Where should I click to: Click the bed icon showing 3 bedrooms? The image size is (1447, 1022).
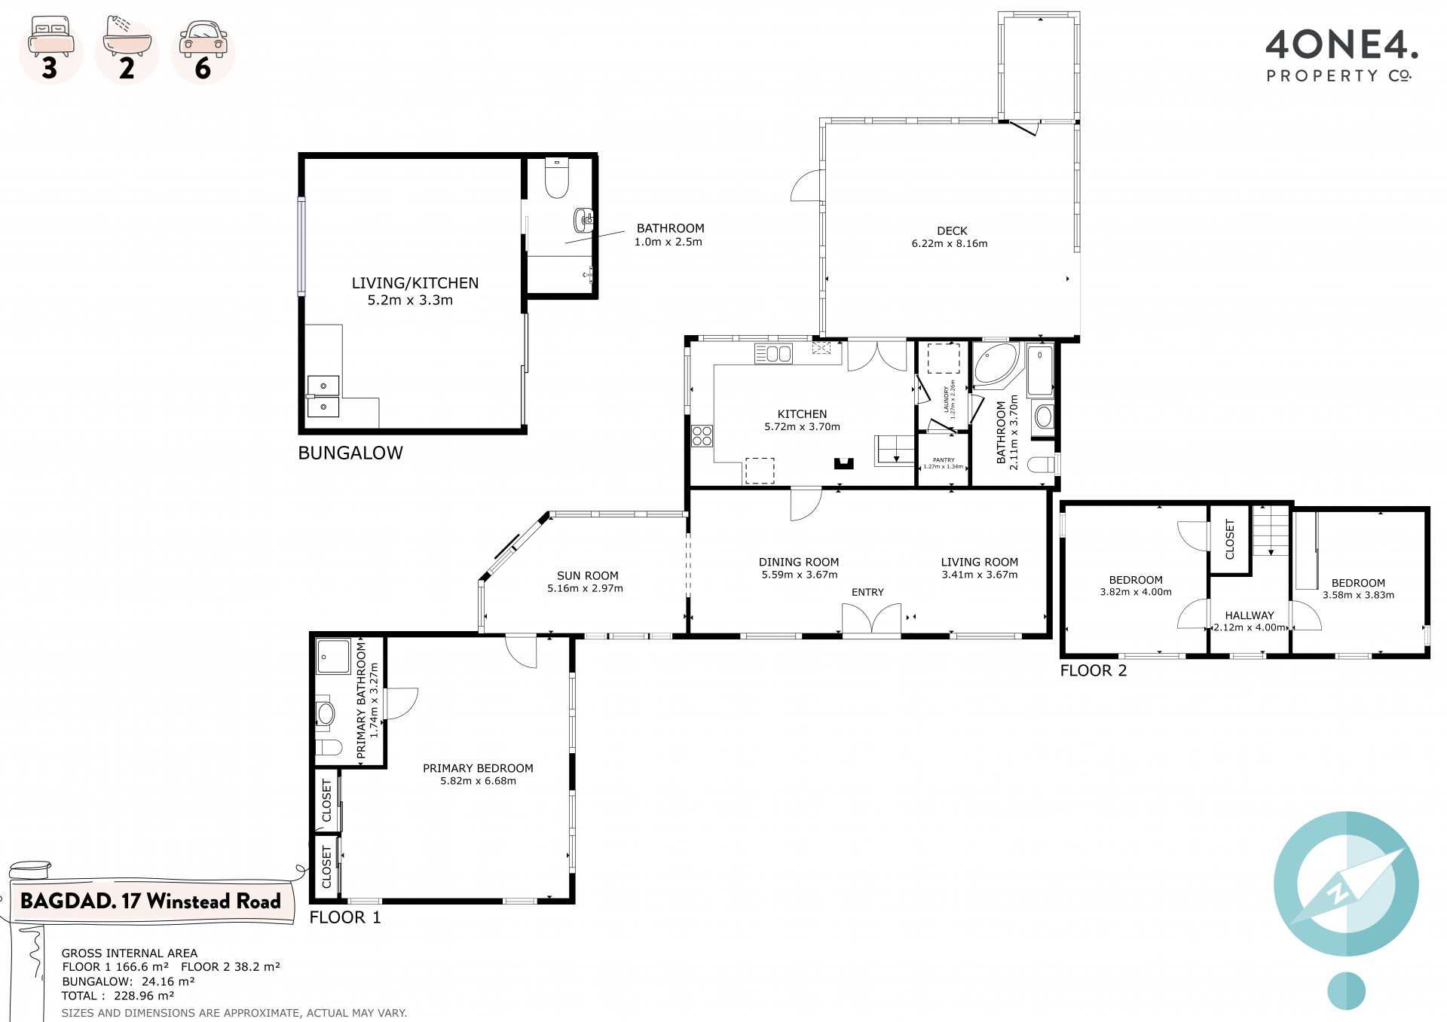coord(50,37)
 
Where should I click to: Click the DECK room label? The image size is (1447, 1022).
coord(952,231)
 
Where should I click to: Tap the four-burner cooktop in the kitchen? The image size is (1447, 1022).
coord(702,436)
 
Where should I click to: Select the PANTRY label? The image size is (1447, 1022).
coord(944,460)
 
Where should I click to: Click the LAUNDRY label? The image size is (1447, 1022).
coord(947,399)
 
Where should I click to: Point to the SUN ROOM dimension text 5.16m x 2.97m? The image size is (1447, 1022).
coord(585,589)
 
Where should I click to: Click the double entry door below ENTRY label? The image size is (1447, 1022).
coord(871,621)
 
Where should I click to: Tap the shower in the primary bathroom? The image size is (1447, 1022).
coord(333,656)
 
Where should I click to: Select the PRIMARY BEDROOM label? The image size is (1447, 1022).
coord(478,768)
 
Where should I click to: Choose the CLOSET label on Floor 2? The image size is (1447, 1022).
coord(1230,539)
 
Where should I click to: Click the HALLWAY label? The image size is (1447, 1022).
coord(1250,615)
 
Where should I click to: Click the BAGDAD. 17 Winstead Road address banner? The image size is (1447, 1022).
coord(151,901)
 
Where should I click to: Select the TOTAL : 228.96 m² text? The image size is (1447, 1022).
coord(118,996)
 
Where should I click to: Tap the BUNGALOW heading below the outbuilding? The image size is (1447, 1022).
coord(350,453)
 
